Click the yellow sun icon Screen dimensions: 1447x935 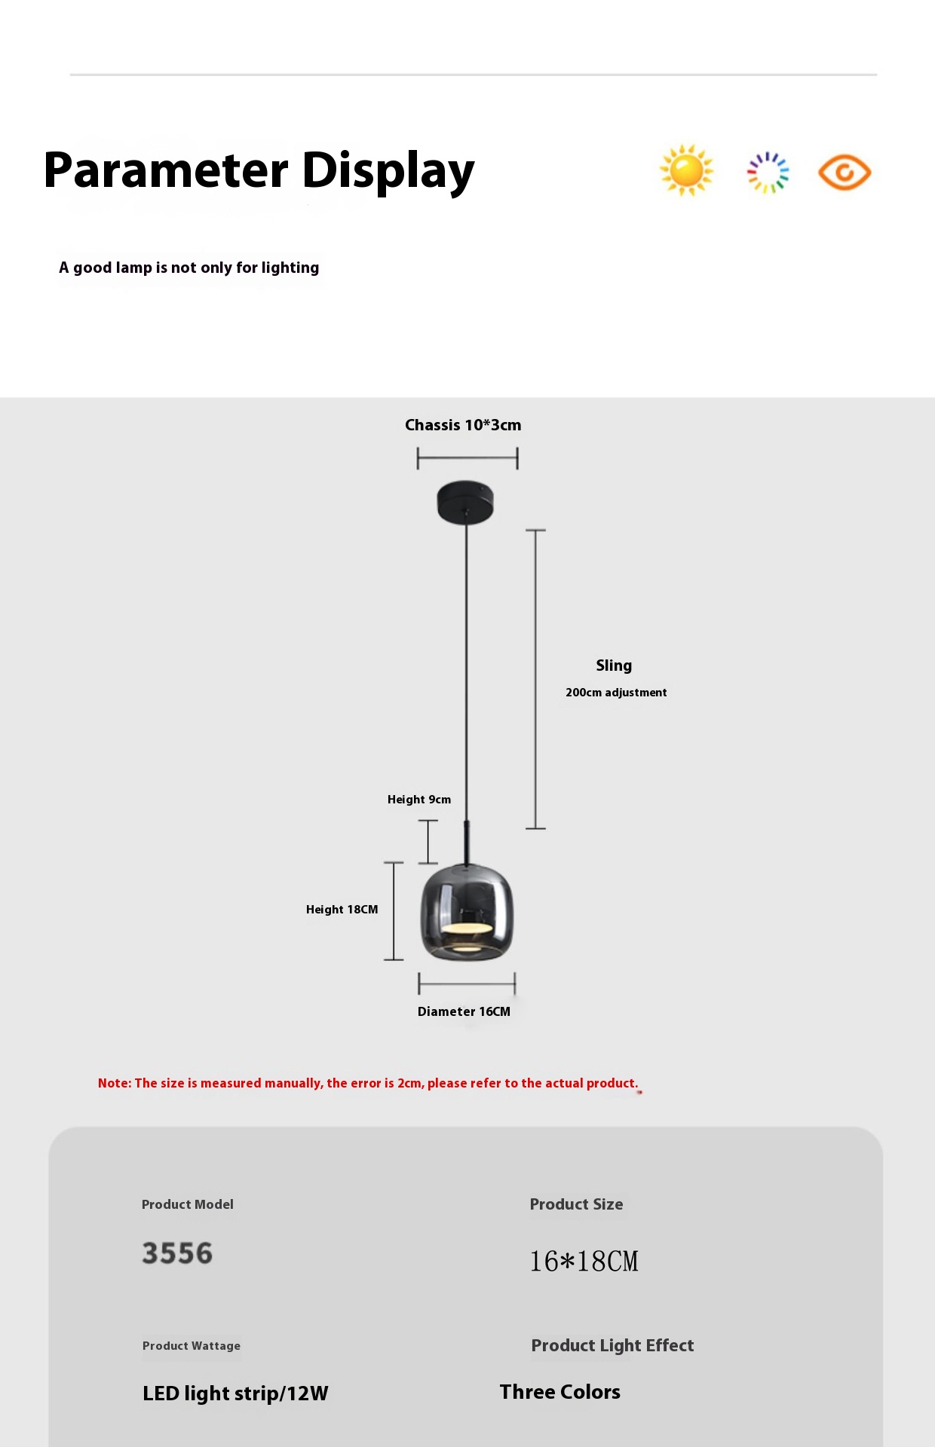tap(686, 170)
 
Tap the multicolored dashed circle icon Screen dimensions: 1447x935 tap(768, 173)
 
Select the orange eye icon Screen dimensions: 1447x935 tap(845, 173)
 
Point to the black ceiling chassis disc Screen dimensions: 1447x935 tap(465, 502)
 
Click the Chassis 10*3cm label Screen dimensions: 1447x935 tap(463, 425)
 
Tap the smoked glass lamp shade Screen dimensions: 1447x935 tap(467, 912)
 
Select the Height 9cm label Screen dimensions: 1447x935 tap(419, 800)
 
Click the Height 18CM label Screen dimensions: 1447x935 tap(342, 910)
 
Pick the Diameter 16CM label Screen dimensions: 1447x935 tap(464, 1011)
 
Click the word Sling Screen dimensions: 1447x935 tap(614, 665)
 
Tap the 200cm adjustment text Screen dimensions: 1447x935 tap(616, 693)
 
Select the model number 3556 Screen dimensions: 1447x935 tap(178, 1253)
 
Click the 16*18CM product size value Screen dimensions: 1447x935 tap(584, 1261)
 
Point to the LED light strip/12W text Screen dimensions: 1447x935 tap(235, 1393)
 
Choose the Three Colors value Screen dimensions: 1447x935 tap(559, 1392)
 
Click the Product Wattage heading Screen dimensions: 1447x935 tap(192, 1346)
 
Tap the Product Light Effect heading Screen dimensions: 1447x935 tap(612, 1345)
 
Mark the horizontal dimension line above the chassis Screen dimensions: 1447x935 tap(467, 457)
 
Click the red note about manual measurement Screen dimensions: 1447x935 tap(368, 1083)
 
